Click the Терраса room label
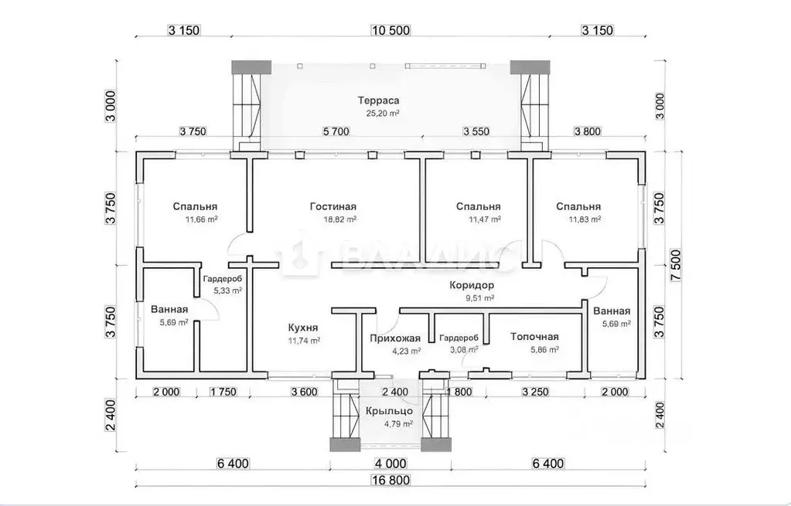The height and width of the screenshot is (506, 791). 378,100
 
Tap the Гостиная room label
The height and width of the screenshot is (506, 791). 333,206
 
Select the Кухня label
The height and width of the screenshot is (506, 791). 303,328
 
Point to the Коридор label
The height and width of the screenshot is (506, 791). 472,285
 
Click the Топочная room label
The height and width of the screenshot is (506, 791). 534,337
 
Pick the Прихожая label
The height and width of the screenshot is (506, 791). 395,338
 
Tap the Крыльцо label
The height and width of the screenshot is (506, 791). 390,411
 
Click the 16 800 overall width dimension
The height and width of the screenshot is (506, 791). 391,481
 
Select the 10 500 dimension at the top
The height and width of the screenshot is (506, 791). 390,30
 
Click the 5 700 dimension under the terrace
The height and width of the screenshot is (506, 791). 336,131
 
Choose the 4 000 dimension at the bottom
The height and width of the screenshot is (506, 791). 391,463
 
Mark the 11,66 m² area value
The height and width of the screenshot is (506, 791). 202,219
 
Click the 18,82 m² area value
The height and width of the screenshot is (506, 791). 340,219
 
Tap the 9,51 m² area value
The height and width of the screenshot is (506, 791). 479,298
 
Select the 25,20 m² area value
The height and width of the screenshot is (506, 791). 383,114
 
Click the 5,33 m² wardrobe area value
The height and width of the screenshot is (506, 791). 227,290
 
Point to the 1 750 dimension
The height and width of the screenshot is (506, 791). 223,392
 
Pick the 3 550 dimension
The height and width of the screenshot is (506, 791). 476,131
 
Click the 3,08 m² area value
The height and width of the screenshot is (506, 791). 464,349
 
